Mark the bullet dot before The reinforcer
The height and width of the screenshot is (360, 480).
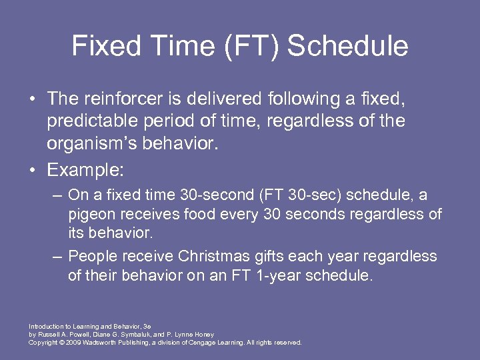pos(33,99)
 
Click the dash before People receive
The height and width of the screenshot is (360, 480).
pos(58,256)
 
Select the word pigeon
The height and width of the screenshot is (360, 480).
pos(91,213)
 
